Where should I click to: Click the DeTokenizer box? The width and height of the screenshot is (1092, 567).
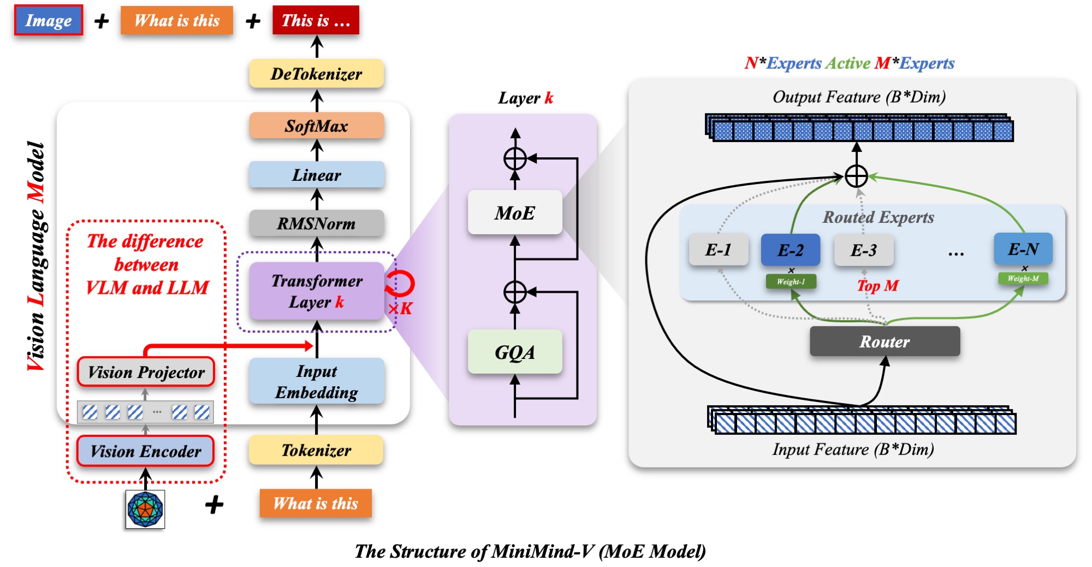pos(316,74)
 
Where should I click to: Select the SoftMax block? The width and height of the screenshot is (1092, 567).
pos(316,126)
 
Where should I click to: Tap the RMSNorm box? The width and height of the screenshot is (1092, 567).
pos(316,223)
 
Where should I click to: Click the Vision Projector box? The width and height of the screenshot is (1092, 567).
pos(146,372)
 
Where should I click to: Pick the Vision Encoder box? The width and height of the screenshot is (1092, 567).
pos(145,451)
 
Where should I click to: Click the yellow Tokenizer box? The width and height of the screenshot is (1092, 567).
pos(316,450)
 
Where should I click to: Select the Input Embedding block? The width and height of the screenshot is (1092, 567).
pos(316,381)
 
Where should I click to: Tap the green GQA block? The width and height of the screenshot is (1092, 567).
pos(514,352)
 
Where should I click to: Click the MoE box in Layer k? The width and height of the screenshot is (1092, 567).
pos(514,212)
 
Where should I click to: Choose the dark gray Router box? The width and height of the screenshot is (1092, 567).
pos(885,341)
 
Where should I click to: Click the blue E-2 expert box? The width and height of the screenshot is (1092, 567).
pos(790,250)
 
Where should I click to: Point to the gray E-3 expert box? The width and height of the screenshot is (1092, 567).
pos(863,250)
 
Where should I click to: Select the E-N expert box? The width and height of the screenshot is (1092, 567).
pos(1023,249)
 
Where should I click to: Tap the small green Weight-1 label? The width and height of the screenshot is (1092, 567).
pos(791,281)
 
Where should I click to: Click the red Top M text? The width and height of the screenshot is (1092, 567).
pos(877,286)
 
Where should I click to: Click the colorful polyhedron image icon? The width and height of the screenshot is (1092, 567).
pos(145,509)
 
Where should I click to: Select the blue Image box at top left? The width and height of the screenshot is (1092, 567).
pos(49,21)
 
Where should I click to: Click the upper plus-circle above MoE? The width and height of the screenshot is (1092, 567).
pos(514,159)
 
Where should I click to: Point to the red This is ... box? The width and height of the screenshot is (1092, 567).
pos(316,21)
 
